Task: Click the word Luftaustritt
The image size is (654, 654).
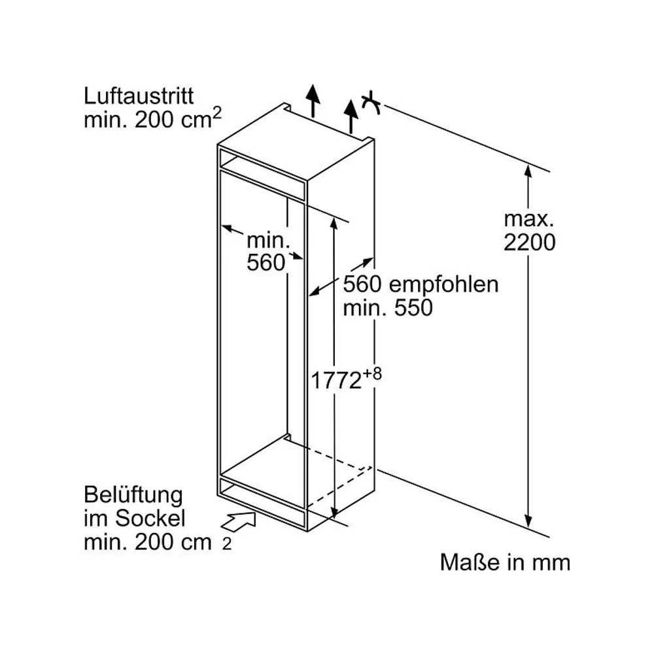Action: (x=139, y=97)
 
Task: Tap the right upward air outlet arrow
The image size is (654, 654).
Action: (x=352, y=114)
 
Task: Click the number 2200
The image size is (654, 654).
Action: (x=530, y=243)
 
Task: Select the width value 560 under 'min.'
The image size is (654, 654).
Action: (x=266, y=262)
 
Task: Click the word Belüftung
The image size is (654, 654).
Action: (x=133, y=494)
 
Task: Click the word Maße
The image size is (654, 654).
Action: (x=464, y=562)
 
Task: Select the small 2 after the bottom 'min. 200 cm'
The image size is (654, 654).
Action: (x=226, y=544)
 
